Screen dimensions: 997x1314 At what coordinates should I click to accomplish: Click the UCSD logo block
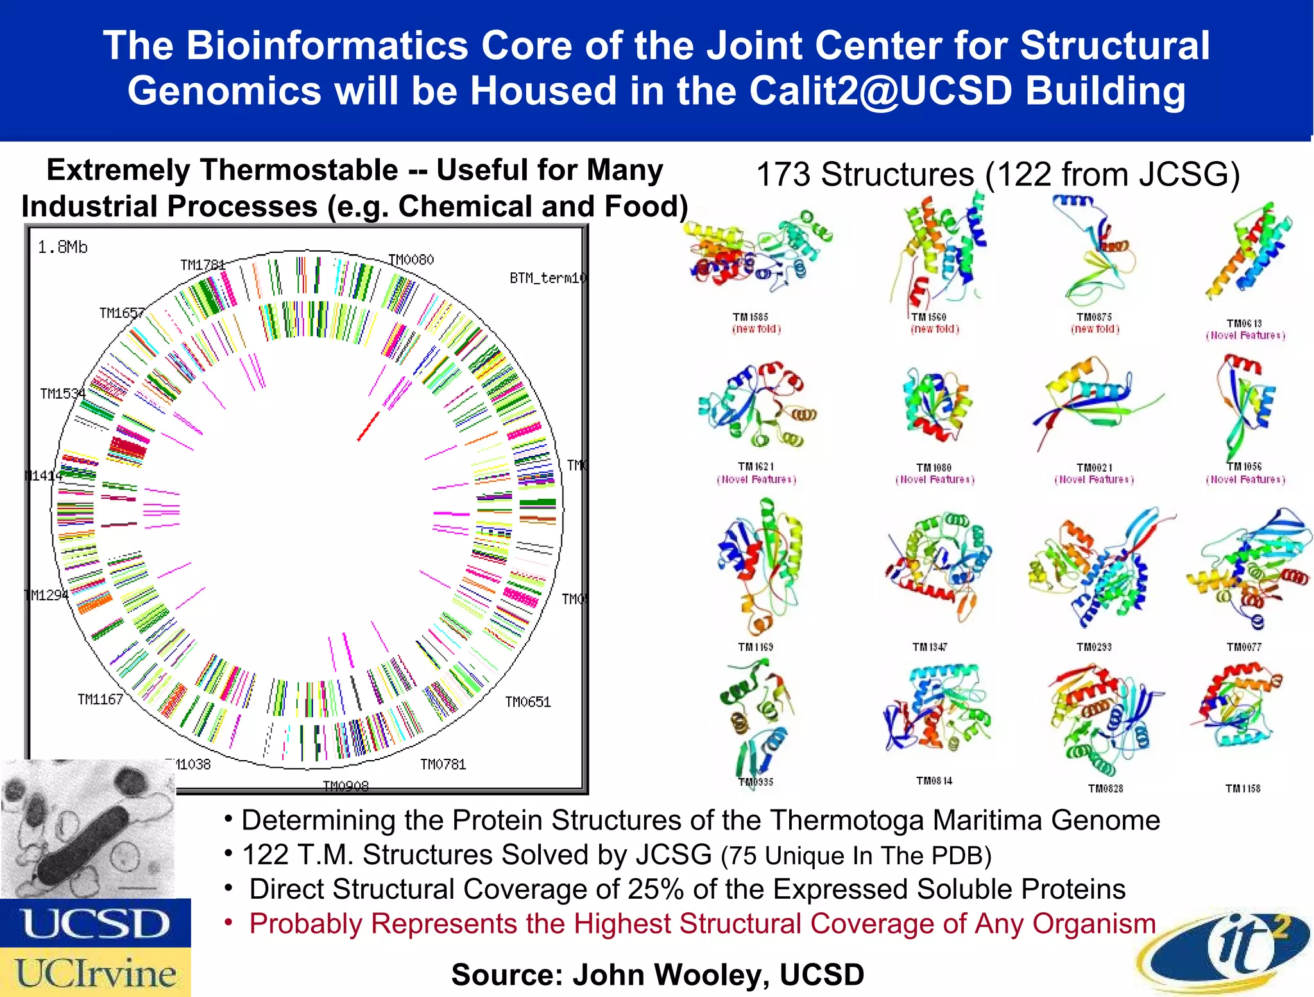click(95, 923)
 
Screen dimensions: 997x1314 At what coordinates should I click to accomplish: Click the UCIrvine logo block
click(95, 972)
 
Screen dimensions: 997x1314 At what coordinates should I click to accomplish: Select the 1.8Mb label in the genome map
click(62, 247)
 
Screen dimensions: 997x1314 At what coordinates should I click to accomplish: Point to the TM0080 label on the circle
click(411, 259)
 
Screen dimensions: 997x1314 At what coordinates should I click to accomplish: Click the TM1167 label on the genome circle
click(100, 699)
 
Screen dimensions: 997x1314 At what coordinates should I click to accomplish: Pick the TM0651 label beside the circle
click(527, 702)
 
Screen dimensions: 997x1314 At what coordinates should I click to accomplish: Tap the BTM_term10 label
click(547, 278)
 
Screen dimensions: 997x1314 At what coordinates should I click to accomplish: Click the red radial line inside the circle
click(368, 427)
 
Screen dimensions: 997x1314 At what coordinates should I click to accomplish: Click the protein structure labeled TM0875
click(1094, 254)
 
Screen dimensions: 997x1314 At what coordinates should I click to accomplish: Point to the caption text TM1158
click(1243, 788)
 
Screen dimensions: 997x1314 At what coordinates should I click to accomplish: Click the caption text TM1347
click(930, 647)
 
